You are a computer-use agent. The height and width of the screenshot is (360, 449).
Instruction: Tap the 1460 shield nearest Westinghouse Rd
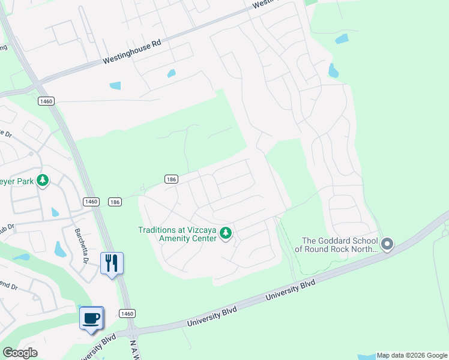(46, 101)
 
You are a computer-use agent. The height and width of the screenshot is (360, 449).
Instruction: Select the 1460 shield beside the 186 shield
(91, 202)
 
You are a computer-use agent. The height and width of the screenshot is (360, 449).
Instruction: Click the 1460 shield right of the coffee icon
(127, 313)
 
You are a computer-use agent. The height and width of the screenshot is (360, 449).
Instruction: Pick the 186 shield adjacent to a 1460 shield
(115, 202)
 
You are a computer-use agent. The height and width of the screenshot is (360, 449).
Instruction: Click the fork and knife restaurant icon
(111, 263)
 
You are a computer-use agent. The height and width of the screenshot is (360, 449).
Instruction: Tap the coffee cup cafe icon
(91, 317)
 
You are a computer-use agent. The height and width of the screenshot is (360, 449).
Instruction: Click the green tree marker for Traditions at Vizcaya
(226, 233)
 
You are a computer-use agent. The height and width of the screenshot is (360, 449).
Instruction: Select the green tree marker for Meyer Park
(43, 180)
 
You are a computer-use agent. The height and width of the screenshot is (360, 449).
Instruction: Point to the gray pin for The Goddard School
(387, 244)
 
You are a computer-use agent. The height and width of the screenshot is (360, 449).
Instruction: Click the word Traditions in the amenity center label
(157, 229)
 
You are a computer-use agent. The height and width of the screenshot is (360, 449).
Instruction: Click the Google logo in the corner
(20, 353)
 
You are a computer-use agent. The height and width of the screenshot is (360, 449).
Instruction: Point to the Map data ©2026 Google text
(411, 355)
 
